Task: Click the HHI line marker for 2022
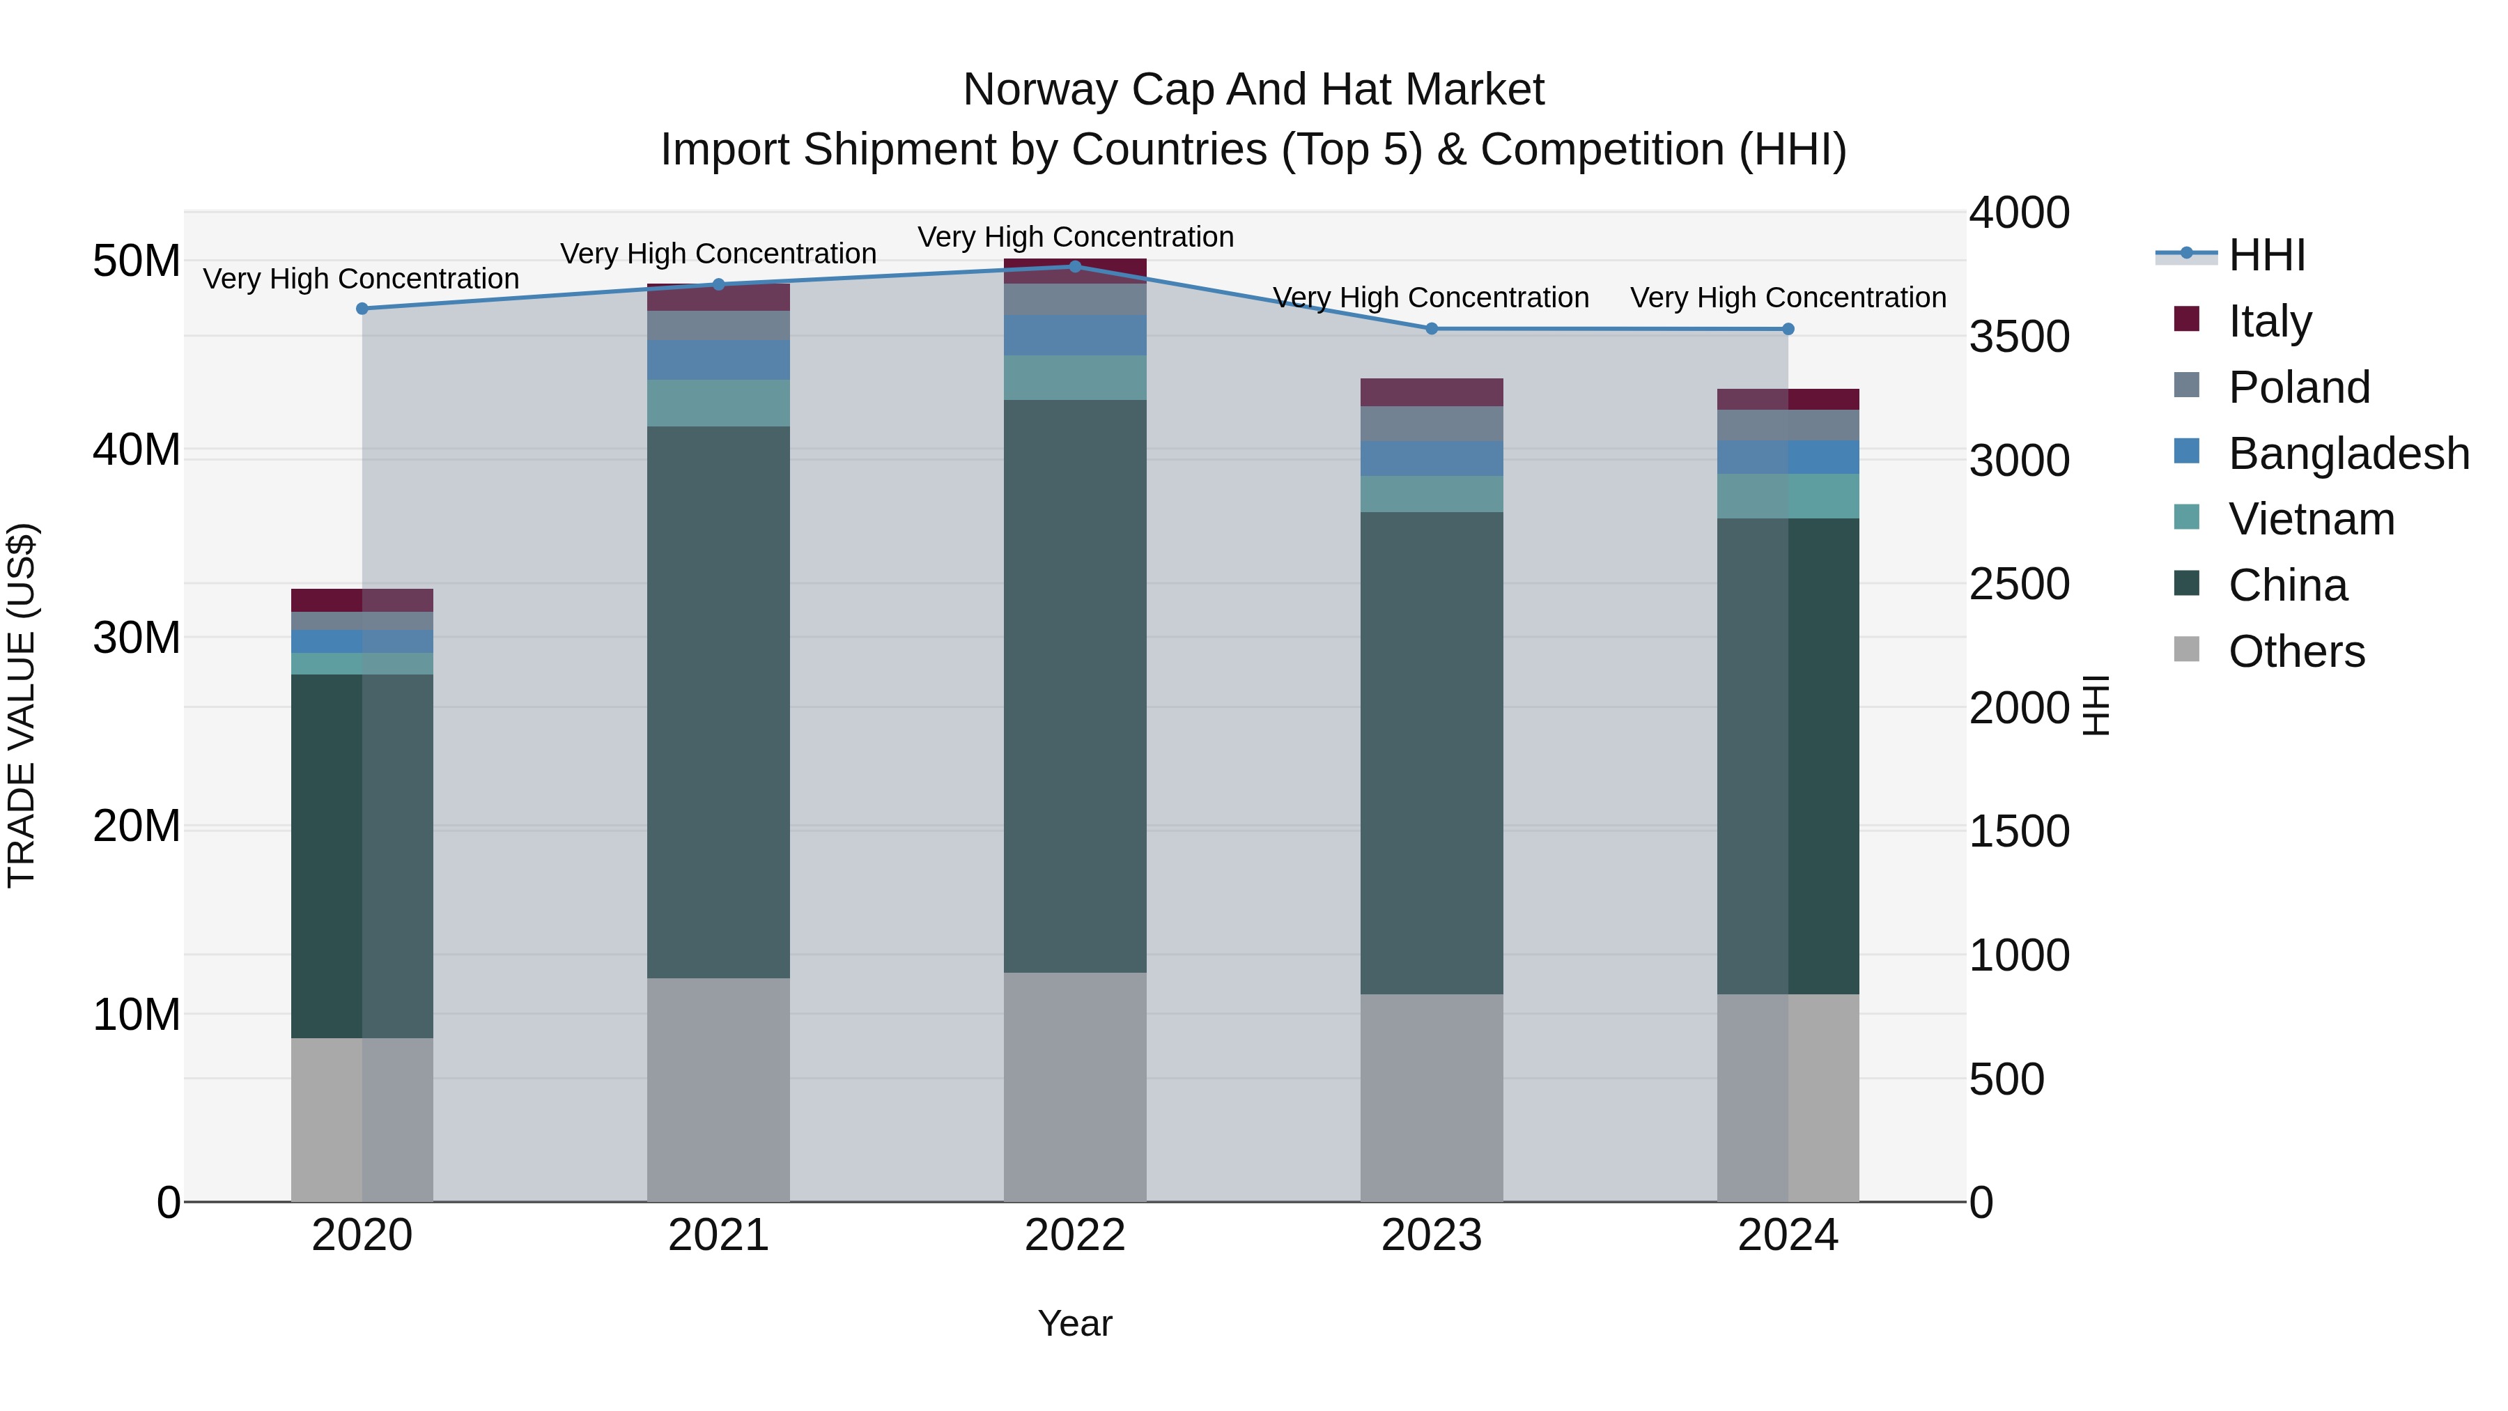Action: coord(1075,266)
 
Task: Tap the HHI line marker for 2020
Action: coord(362,309)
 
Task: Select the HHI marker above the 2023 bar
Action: coord(1431,329)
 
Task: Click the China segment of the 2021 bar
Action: coord(718,701)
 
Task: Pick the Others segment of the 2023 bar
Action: coord(1431,1097)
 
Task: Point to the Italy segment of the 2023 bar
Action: coord(1431,392)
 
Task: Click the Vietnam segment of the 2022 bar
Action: coord(1075,378)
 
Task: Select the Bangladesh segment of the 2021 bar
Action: coord(718,360)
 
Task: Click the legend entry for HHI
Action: coord(2266,255)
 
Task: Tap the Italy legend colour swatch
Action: coord(2185,319)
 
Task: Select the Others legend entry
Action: coord(2296,651)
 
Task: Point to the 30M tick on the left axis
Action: coord(137,638)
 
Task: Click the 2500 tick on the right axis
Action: coord(2018,585)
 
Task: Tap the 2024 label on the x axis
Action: coord(1788,1235)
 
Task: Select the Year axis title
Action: coord(1075,1323)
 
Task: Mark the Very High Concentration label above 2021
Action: coord(718,253)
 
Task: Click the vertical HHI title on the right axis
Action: coord(2095,705)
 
